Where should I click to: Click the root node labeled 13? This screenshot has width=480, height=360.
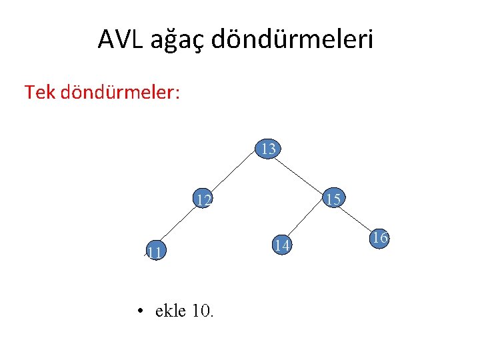268,149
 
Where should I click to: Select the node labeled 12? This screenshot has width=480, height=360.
203,199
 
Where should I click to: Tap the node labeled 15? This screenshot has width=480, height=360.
334,199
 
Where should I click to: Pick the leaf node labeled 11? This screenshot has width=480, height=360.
155,252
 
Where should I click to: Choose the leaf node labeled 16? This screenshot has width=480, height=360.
379,238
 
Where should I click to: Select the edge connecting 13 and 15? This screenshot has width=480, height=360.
301,174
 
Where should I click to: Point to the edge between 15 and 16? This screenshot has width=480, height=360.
357,218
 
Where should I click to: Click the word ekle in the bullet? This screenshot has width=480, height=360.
170,311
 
